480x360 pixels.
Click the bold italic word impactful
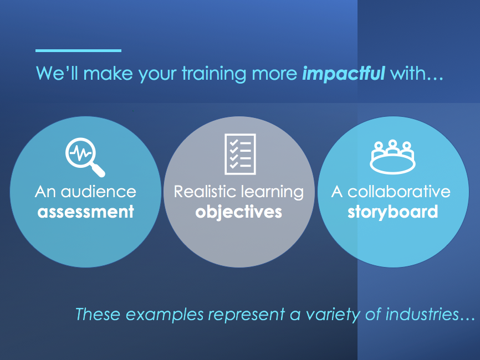[x=343, y=74]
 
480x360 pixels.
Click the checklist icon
[x=239, y=153]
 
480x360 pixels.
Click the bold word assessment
[x=85, y=212]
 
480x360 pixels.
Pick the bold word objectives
[x=239, y=212]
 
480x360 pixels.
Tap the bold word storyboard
[x=392, y=212]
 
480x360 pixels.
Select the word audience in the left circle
[x=98, y=192]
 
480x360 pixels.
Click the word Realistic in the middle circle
[x=206, y=192]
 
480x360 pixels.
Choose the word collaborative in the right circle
[x=399, y=192]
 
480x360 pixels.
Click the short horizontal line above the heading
[x=78, y=50]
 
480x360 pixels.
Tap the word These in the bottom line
[x=98, y=315]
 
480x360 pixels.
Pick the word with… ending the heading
[x=416, y=74]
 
